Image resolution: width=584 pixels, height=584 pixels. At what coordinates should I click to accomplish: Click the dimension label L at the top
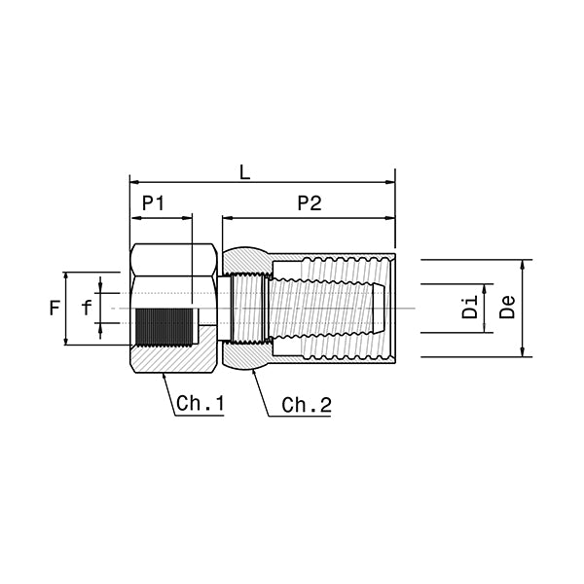coord(244,173)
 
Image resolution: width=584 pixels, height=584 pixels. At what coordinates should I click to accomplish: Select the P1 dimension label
coord(154,203)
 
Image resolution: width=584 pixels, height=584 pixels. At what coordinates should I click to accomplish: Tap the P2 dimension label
coord(310,203)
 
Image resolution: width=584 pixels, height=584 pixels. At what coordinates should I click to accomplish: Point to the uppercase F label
coord(55,309)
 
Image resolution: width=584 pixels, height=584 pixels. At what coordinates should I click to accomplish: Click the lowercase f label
coord(87,308)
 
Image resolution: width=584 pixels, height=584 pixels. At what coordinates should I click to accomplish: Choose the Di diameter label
coord(470,308)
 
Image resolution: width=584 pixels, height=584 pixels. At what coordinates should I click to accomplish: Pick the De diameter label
coord(507,307)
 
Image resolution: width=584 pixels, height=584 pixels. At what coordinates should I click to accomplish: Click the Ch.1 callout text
coord(201,403)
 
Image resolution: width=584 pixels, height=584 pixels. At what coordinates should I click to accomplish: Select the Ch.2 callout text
coord(307,405)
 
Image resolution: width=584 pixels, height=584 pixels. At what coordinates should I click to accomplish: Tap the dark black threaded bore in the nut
coord(165,327)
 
